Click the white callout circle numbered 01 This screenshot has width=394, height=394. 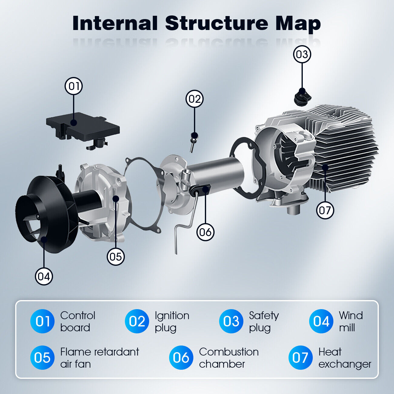74,86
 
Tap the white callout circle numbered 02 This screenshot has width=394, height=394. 195,99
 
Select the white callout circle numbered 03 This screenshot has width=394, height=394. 302,55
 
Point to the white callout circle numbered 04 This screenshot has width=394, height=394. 44,276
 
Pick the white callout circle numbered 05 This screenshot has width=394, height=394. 116,256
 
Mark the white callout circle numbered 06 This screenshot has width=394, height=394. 205,232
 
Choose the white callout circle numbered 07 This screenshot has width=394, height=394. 325,210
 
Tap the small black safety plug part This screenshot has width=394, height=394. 302,97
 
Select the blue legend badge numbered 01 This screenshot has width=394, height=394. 42,321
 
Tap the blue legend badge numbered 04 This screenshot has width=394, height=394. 321,321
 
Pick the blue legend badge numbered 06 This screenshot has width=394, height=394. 181,358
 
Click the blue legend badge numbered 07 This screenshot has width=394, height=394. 300,358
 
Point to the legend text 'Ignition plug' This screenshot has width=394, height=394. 172,321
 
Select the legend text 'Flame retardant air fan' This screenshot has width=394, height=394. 99,358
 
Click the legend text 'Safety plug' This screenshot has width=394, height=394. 264,321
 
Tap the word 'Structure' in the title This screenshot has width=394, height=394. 217,23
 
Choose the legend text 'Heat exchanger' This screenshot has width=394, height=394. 345,358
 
